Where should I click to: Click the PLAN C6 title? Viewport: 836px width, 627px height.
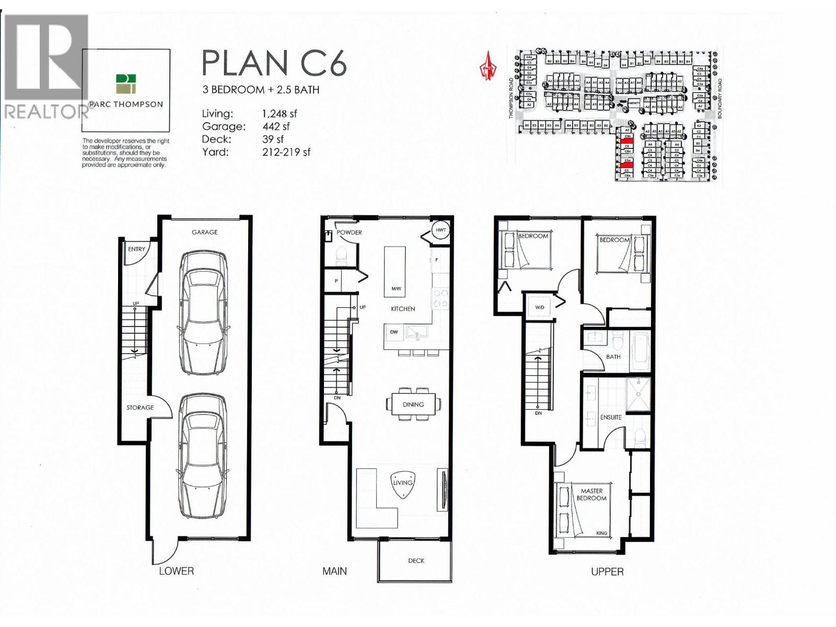pyautogui.click(x=274, y=63)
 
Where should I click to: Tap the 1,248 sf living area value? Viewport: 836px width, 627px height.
pyautogui.click(x=280, y=114)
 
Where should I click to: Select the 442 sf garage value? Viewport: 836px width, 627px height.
pyautogui.click(x=276, y=126)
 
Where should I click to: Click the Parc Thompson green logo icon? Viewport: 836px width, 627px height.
pyautogui.click(x=126, y=84)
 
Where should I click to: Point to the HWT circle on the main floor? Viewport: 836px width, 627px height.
pyautogui.click(x=440, y=230)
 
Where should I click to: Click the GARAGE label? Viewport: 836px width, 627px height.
pyautogui.click(x=204, y=232)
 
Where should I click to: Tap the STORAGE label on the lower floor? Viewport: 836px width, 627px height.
pyautogui.click(x=140, y=408)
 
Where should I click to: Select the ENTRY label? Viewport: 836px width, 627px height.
pyautogui.click(x=136, y=249)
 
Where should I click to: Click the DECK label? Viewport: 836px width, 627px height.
pyautogui.click(x=416, y=561)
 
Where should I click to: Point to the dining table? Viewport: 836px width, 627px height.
pyautogui.click(x=413, y=404)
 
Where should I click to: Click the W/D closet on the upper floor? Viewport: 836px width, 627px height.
pyautogui.click(x=540, y=307)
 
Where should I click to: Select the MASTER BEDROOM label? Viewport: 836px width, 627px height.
pyautogui.click(x=591, y=495)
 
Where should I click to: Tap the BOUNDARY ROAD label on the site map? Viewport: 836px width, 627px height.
pyautogui.click(x=720, y=99)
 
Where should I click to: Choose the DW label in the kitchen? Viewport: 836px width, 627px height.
pyautogui.click(x=394, y=332)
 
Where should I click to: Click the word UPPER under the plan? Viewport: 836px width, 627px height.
pyautogui.click(x=607, y=572)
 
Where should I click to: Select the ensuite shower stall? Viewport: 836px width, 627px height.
pyautogui.click(x=638, y=394)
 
